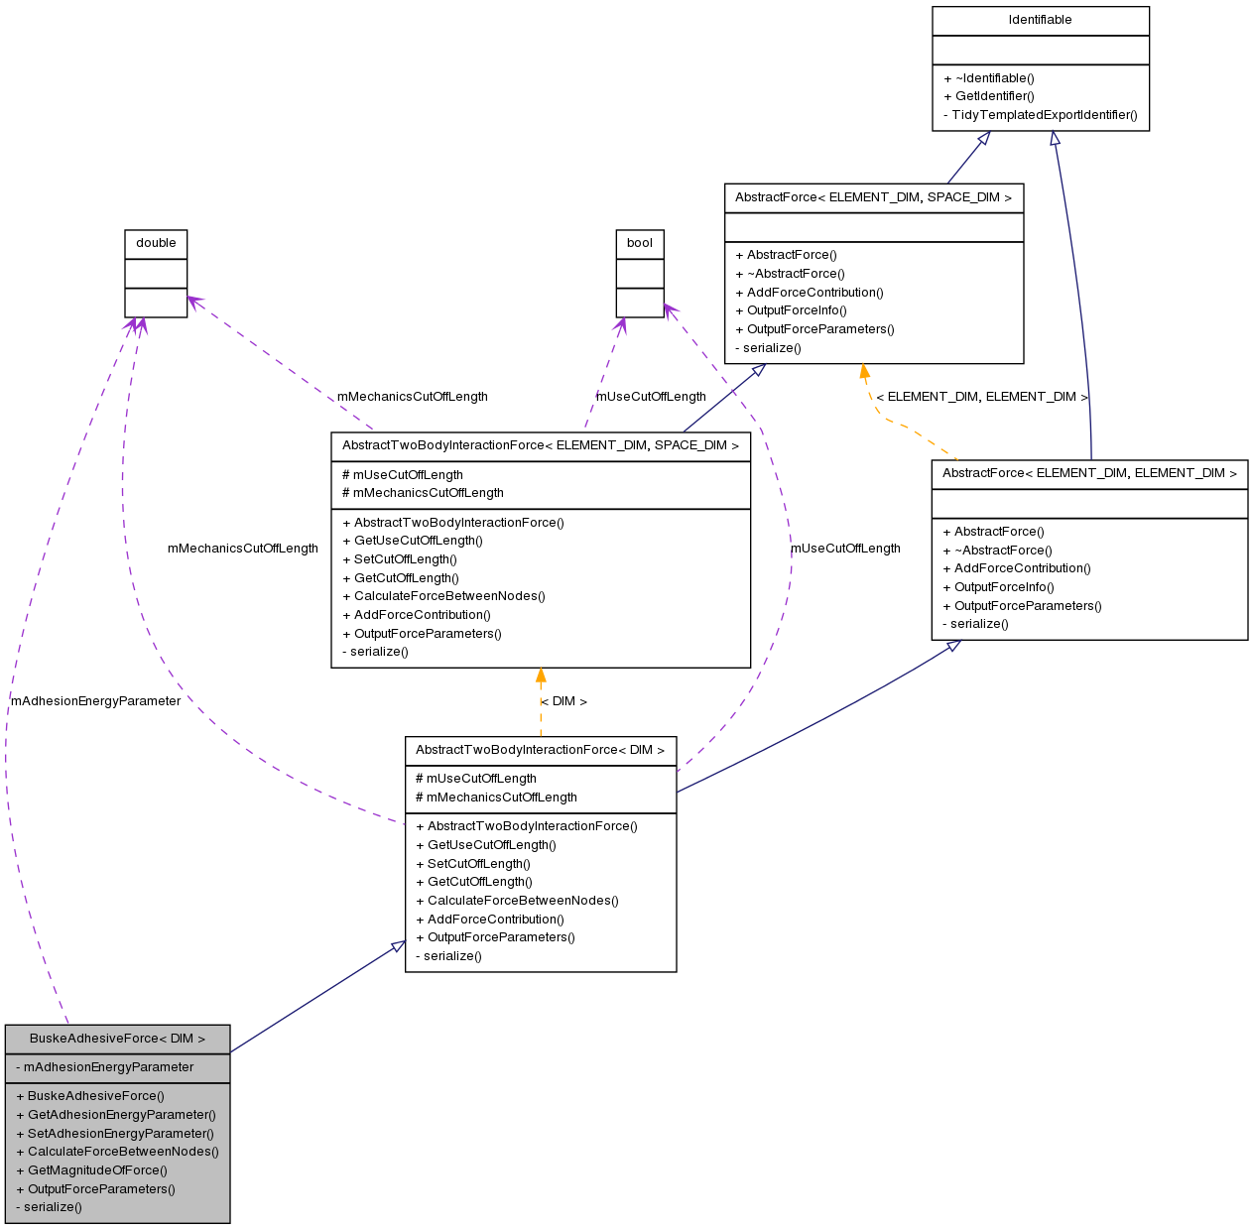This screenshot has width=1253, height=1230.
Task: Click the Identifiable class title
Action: click(x=1040, y=20)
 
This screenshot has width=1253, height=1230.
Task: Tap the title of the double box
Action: click(x=156, y=243)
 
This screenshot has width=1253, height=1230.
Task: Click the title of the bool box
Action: click(x=640, y=243)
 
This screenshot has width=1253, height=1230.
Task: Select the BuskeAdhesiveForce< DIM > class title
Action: click(x=117, y=1039)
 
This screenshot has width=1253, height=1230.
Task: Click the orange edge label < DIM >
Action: click(x=564, y=701)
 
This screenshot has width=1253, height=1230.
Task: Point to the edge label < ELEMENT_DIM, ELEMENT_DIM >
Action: click(x=982, y=397)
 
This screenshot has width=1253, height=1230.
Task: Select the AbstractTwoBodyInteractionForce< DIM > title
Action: click(x=541, y=750)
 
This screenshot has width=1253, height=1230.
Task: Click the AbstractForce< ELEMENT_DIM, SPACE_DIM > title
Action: click(x=873, y=197)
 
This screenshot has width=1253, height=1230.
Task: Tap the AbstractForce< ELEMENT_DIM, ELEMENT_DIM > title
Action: click(x=1089, y=473)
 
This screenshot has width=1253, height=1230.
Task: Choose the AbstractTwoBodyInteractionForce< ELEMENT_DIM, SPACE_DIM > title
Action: click(x=541, y=445)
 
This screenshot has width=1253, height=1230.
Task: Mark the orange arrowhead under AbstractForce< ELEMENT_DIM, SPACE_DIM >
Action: click(x=864, y=373)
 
